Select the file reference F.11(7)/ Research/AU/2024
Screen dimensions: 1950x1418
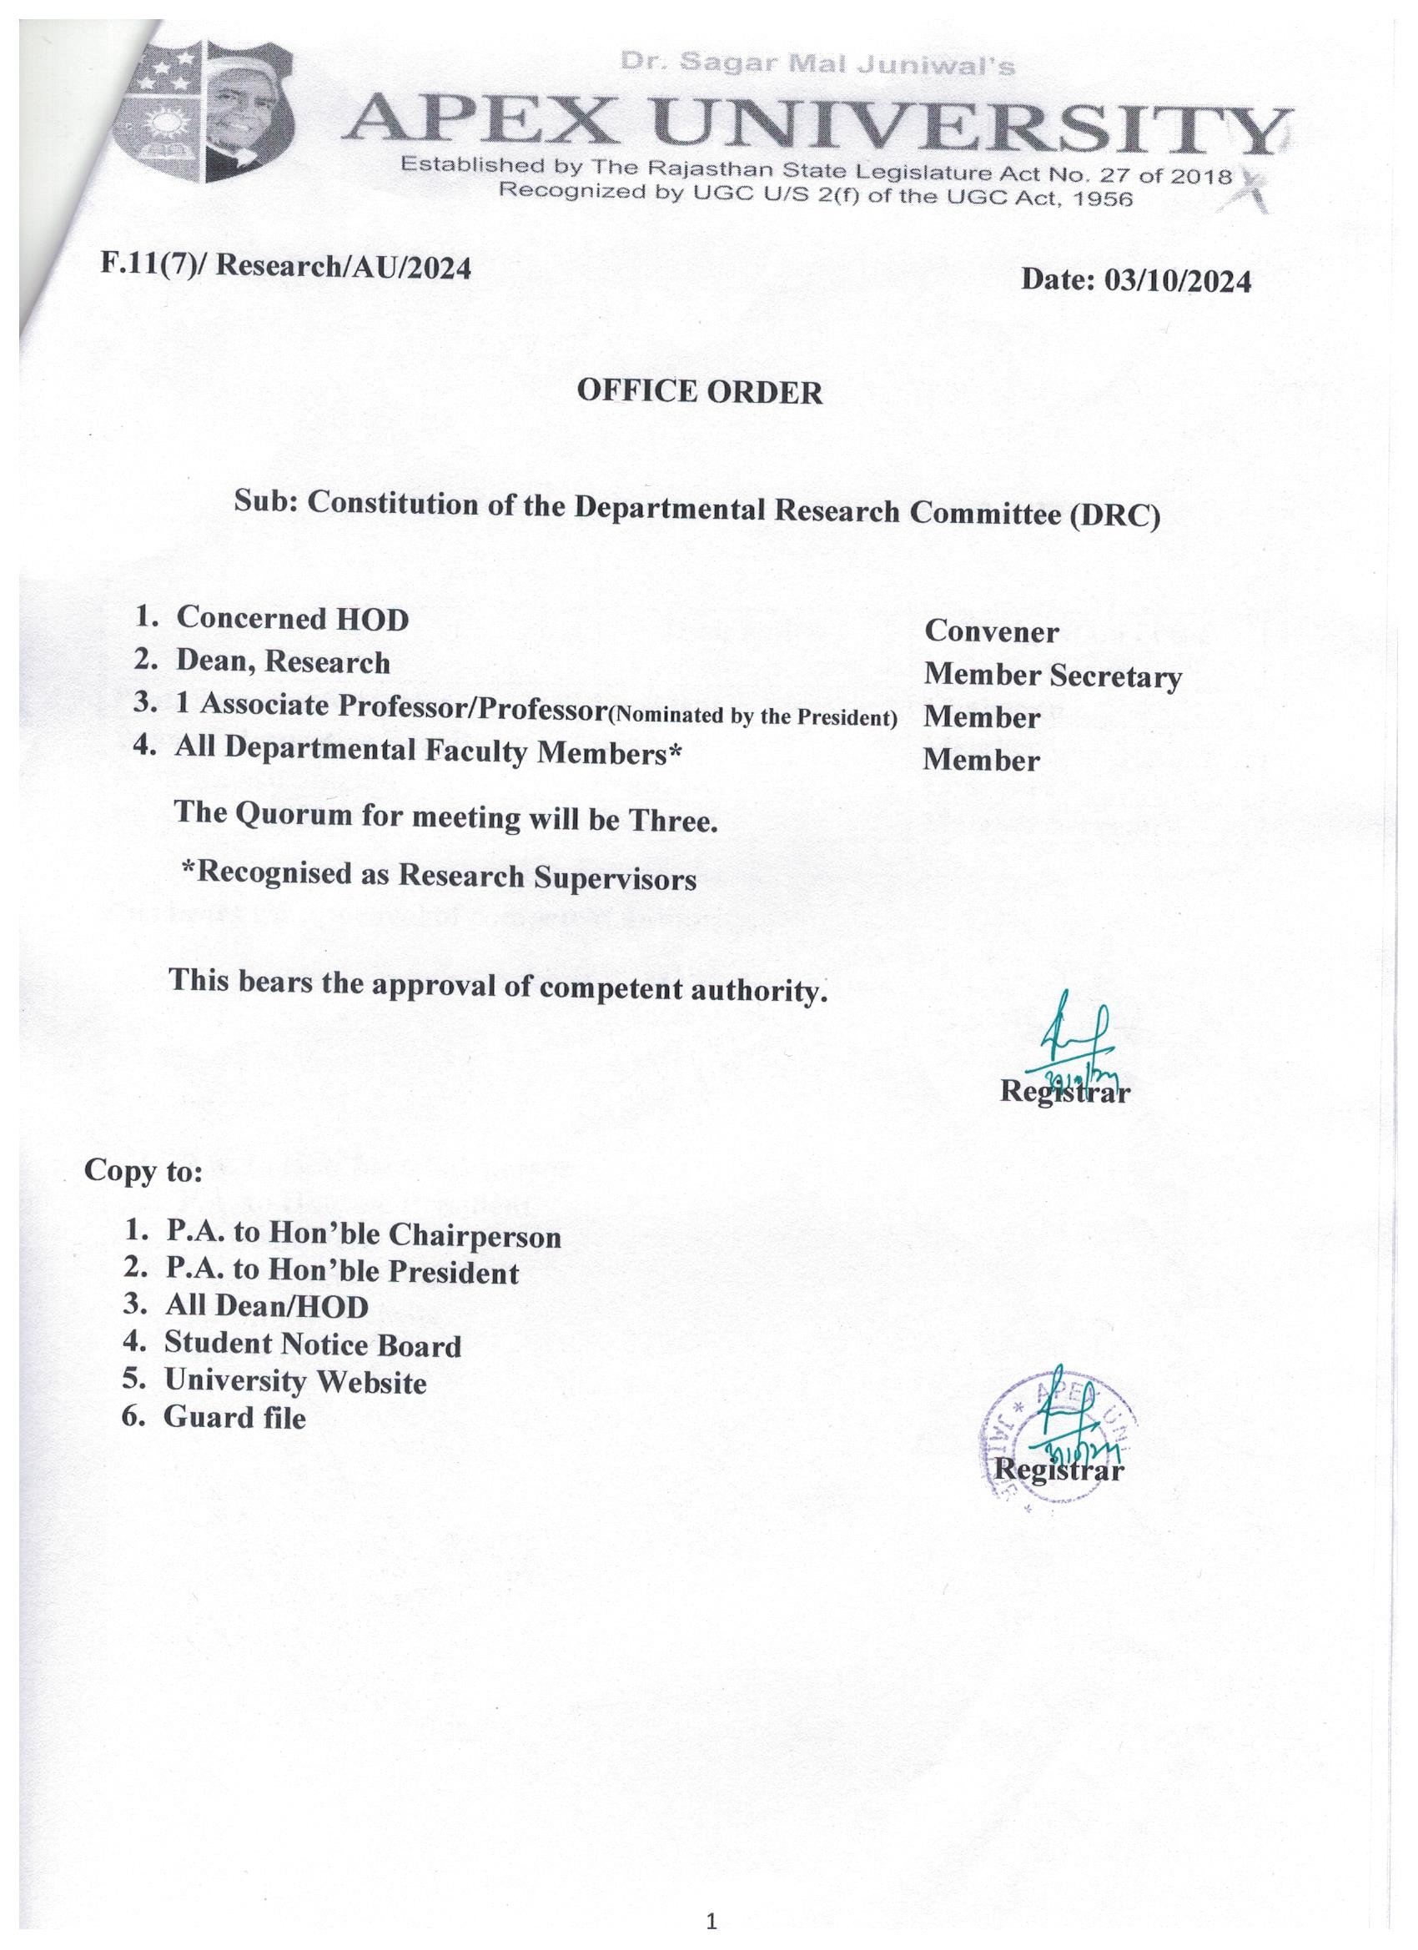point(285,265)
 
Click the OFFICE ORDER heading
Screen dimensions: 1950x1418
point(699,391)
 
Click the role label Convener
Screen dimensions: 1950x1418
point(992,632)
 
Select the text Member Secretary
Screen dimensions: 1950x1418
point(1053,676)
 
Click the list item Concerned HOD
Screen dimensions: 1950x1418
point(291,618)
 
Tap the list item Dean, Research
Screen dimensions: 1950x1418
point(282,661)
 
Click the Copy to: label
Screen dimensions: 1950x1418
point(143,1171)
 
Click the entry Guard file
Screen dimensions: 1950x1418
point(234,1417)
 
